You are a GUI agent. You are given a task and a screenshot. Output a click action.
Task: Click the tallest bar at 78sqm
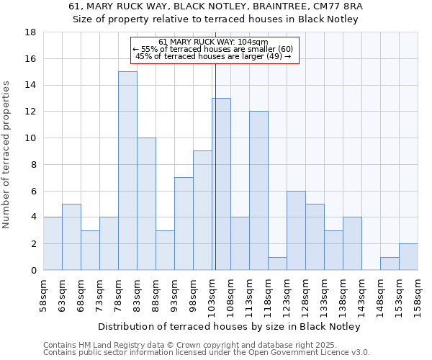pyautogui.click(x=127, y=171)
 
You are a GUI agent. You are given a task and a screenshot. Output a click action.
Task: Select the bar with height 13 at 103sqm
pyautogui.click(x=221, y=184)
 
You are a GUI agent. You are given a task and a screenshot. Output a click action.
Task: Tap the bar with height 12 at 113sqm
pyautogui.click(x=258, y=190)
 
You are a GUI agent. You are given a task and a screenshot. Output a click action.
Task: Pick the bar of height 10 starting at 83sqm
pyautogui.click(x=146, y=204)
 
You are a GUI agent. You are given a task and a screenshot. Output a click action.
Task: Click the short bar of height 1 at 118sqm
pyautogui.click(x=277, y=264)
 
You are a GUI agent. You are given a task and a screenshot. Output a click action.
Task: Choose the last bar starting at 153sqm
pyautogui.click(x=408, y=257)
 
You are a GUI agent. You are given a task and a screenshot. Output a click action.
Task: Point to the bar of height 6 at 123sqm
pyautogui.click(x=296, y=230)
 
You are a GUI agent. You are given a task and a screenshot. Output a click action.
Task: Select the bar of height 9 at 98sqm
pyautogui.click(x=202, y=210)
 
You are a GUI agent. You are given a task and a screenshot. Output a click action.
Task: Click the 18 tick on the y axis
pyautogui.click(x=31, y=32)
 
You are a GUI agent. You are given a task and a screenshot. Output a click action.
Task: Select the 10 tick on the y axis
pyautogui.click(x=31, y=138)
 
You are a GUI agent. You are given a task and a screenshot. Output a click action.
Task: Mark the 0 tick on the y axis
pyautogui.click(x=33, y=270)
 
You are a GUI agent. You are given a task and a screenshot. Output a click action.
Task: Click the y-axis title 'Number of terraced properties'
pyautogui.click(x=7, y=154)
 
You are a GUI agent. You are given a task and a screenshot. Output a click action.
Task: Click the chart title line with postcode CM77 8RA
pyautogui.click(x=216, y=6)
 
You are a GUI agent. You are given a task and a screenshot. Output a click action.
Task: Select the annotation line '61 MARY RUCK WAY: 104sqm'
pyautogui.click(x=213, y=42)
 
